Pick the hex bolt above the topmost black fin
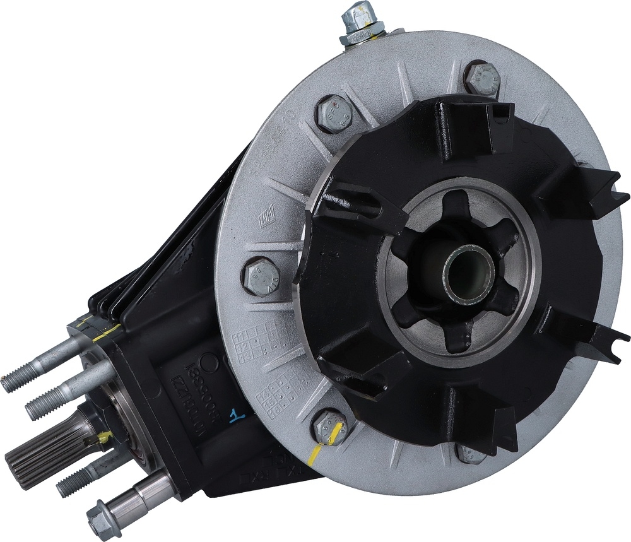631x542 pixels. pyautogui.click(x=483, y=79)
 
